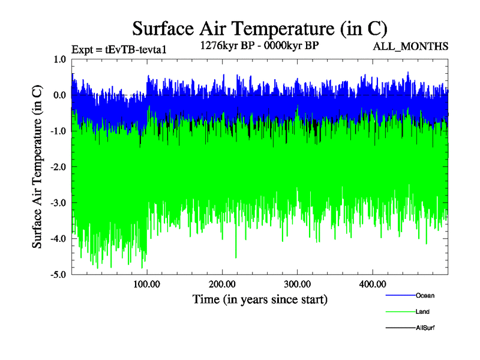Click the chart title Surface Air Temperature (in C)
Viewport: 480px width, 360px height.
pyautogui.click(x=260, y=28)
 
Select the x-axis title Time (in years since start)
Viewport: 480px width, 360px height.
pyautogui.click(x=260, y=299)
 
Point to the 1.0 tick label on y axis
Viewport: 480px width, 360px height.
pyautogui.click(x=59, y=59)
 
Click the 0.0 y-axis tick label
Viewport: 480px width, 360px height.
pyautogui.click(x=59, y=95)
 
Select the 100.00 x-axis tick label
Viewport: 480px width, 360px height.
pyautogui.click(x=146, y=284)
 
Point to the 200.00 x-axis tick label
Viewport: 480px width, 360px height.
pyautogui.click(x=222, y=284)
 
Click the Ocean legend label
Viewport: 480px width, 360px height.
pyautogui.click(x=425, y=295)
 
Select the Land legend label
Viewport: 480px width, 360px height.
pyautogui.click(x=422, y=311)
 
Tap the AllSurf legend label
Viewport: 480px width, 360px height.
pyautogui.click(x=425, y=328)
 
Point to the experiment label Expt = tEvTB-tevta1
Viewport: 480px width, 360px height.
pyautogui.click(x=118, y=49)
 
